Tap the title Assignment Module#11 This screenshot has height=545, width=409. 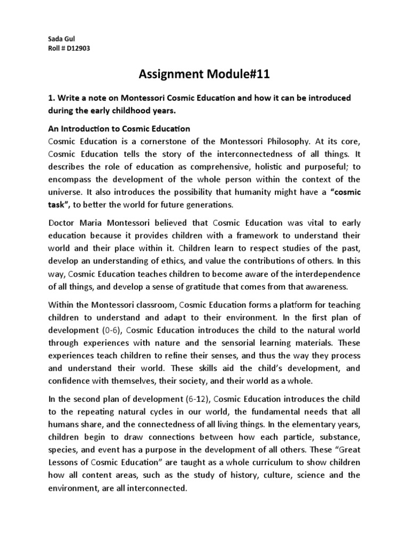point(204,74)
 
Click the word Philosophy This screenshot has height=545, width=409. point(282,142)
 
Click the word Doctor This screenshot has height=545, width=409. point(63,223)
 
